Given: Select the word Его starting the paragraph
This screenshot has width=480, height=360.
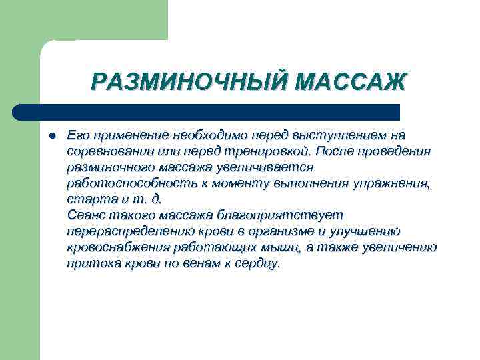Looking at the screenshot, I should [79, 135].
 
